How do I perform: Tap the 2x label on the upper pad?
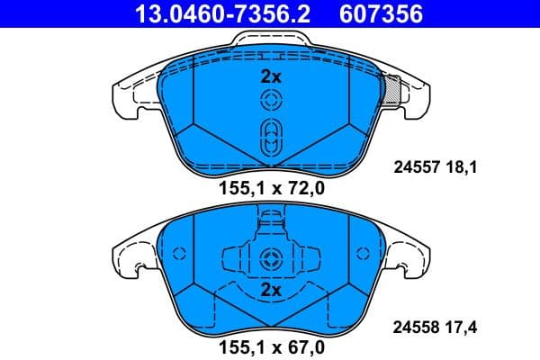click(x=270, y=76)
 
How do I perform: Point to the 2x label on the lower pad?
click(x=270, y=291)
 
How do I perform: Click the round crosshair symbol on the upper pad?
click(x=270, y=101)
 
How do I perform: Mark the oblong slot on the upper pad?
click(x=270, y=139)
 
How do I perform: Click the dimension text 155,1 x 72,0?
click(x=271, y=188)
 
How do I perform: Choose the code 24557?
click(x=416, y=166)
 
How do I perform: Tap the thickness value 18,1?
click(x=461, y=166)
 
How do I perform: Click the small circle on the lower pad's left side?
click(x=177, y=255)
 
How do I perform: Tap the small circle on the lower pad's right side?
click(x=363, y=255)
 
